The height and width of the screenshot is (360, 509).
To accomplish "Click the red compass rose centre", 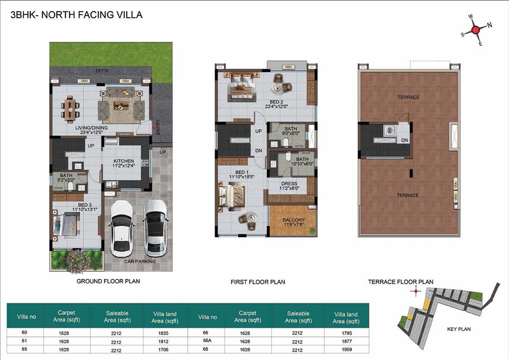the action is [x=475, y=30].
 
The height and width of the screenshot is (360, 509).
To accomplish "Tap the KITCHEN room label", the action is [x=124, y=161].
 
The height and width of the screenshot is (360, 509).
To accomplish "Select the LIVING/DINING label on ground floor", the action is [x=91, y=128].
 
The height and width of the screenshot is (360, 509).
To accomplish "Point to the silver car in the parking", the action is [x=156, y=228].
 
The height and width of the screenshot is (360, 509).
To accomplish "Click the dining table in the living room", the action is [x=70, y=110].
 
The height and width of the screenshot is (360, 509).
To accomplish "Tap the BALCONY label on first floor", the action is [x=293, y=220].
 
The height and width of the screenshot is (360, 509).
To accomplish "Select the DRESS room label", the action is [x=289, y=184].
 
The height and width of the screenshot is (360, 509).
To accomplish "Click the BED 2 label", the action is [x=276, y=102].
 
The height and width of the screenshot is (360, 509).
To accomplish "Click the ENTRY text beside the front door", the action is [x=158, y=127].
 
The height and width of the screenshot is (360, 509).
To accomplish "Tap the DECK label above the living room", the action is [x=102, y=71].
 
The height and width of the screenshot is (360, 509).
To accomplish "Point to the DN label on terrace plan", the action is [x=404, y=140].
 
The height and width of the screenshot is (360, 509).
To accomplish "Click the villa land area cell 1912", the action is [x=163, y=341].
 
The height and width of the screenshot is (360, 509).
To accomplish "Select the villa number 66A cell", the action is [x=207, y=340].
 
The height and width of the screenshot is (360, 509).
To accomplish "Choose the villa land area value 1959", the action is [x=347, y=350].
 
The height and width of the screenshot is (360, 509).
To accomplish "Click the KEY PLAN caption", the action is [x=459, y=329].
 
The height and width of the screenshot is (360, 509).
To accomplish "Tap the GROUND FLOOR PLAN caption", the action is [x=108, y=281].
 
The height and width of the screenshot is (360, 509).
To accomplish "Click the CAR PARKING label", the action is [x=140, y=261].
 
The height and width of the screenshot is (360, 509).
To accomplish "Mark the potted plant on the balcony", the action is [x=312, y=231].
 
